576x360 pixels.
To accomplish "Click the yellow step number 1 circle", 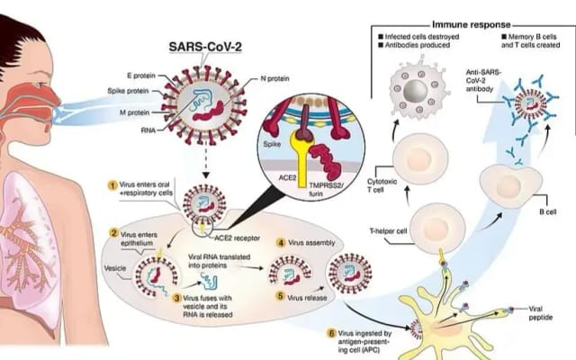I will tap(112, 185).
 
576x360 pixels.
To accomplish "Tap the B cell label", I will tap(546, 213).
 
